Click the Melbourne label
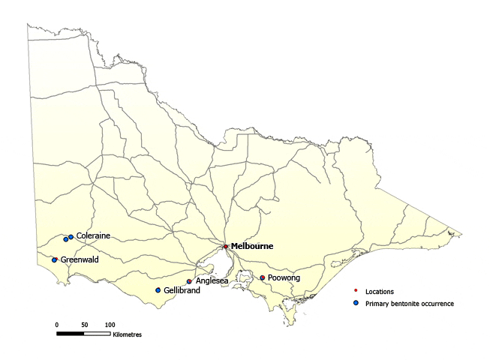251,246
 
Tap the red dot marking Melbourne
225,246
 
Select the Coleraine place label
93,235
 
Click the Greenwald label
80,259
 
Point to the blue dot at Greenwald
55,260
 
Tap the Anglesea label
212,281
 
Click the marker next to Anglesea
189,282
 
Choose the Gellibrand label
182,290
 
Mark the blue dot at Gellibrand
158,290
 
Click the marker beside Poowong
262,277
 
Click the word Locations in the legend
380,291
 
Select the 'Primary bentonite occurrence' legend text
410,304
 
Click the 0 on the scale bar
56,324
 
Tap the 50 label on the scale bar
84,324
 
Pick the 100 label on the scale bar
110,324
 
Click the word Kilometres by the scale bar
127,334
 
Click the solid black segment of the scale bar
70,331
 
